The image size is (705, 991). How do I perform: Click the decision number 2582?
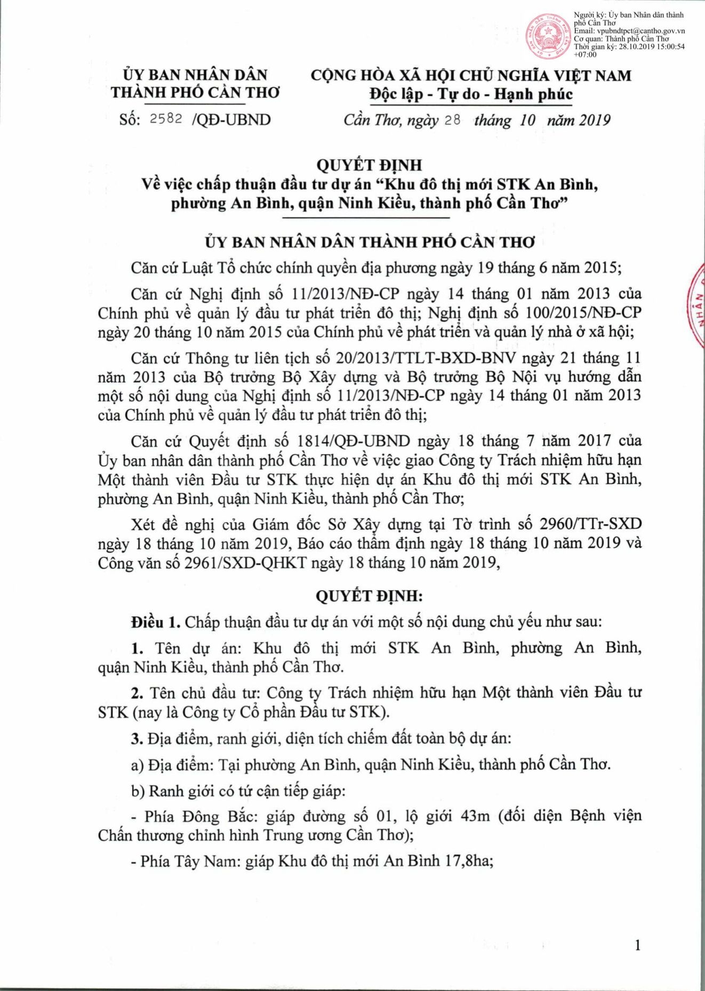point(166,119)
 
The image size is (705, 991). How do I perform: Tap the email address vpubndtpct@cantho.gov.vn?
point(629,31)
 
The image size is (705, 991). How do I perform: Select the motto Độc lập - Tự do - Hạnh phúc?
point(471,94)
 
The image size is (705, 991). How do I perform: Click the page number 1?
point(637,945)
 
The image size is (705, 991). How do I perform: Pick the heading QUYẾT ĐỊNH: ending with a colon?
point(369,596)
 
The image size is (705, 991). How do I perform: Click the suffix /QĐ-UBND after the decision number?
point(230,119)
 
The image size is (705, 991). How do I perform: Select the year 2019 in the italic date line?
point(594,120)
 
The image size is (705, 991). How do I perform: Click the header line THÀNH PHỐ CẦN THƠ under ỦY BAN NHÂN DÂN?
point(195,92)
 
